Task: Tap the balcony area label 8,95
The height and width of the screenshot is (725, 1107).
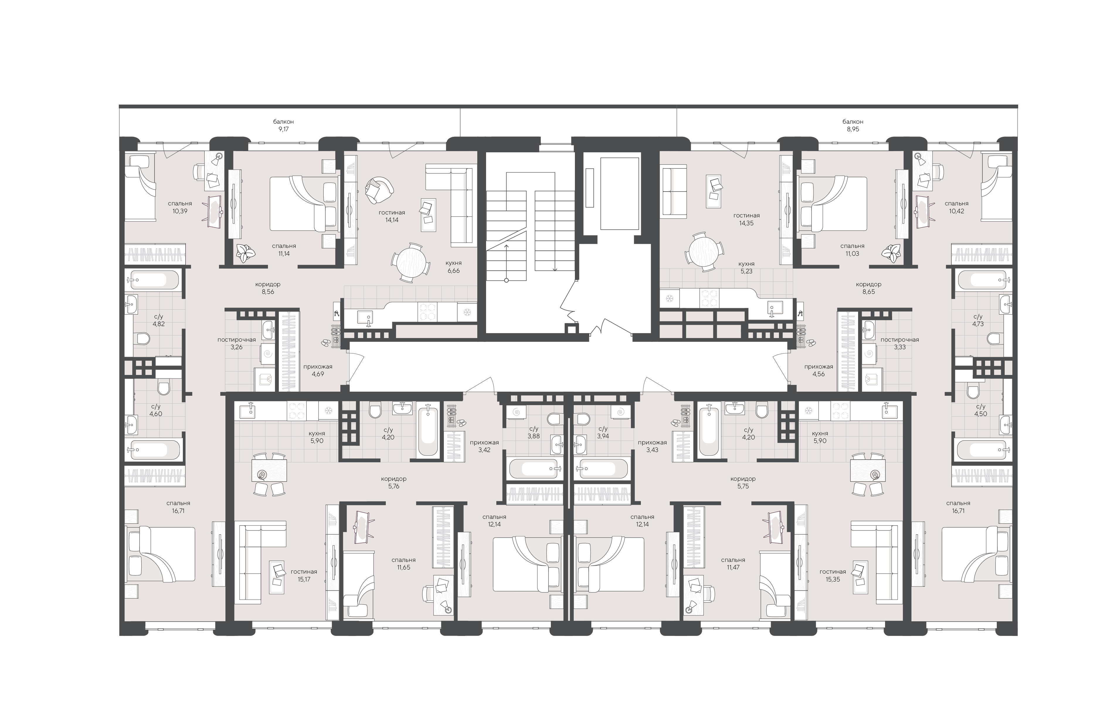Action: pos(853,129)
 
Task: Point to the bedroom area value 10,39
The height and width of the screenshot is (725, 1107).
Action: pos(180,211)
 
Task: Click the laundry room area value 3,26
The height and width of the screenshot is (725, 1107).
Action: pos(236,347)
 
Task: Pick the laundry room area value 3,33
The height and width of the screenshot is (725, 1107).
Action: pos(899,347)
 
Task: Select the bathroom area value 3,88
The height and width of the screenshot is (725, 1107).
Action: pos(534,436)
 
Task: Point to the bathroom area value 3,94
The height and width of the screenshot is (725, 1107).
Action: pos(603,436)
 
